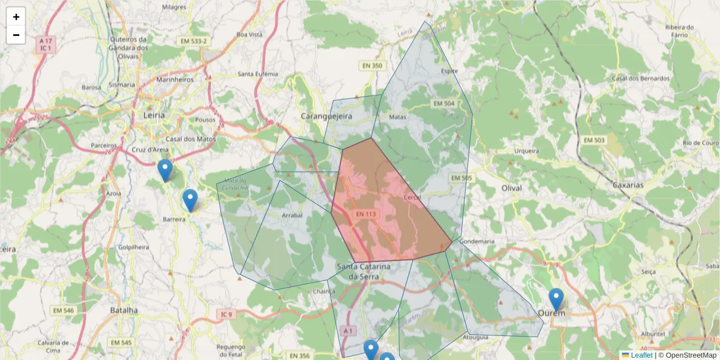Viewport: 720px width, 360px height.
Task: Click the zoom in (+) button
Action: pos(16,17)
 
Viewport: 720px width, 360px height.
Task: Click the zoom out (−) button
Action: pos(16,35)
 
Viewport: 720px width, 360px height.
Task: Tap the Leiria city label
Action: pos(155,114)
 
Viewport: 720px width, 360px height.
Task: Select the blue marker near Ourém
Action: pos(556,299)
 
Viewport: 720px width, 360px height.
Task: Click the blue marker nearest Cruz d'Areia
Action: pos(165,170)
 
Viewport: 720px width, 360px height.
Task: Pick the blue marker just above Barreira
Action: pos(190,200)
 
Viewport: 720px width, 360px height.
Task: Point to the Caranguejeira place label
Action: pos(326,115)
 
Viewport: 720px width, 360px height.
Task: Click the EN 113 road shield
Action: pos(365,214)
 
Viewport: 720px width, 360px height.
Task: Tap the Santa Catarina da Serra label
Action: pos(364,271)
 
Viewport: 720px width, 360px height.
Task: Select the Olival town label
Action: pos(511,188)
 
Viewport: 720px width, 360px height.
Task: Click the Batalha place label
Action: pos(124,310)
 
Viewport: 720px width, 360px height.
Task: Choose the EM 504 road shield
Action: pos(443,104)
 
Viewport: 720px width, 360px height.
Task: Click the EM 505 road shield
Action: pos(461,178)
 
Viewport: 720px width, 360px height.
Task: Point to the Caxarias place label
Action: pos(628,185)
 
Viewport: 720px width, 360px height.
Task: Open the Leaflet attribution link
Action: pos(641,355)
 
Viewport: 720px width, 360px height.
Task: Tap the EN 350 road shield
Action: pos(371,65)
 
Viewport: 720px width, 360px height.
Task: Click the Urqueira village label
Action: pos(527,152)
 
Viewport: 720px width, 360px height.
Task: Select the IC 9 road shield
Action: pos(226,314)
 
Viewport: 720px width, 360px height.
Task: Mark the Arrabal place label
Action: pos(292,215)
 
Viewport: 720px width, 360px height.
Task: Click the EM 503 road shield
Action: pos(595,140)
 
